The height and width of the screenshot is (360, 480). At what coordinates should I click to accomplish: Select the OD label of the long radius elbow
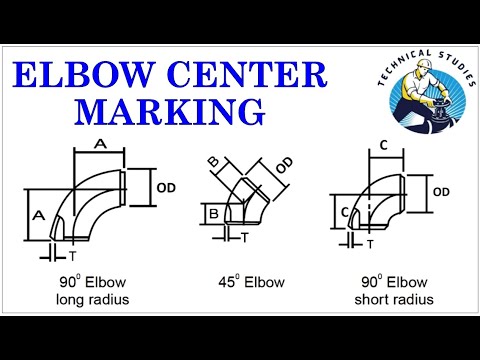[x=169, y=185]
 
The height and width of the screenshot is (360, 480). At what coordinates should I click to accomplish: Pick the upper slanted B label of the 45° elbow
[x=213, y=162]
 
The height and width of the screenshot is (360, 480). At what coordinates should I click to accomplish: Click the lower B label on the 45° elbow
[x=213, y=212]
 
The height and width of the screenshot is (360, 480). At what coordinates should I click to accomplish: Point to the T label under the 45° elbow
[x=245, y=239]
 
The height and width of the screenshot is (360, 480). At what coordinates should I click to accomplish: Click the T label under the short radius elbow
[x=370, y=244]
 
